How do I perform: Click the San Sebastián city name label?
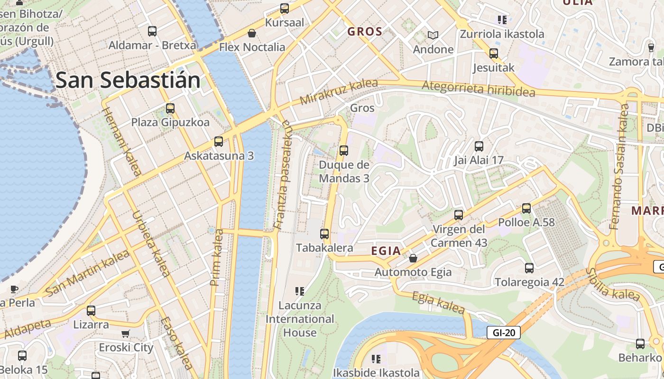[128, 80]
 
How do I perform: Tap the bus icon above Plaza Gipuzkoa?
[170, 108]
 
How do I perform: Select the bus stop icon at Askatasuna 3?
[219, 142]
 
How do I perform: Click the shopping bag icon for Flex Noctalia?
[252, 33]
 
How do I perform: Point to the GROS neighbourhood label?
[365, 32]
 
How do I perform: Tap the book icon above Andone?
[433, 35]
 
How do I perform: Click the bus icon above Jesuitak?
[494, 54]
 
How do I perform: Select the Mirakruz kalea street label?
[339, 92]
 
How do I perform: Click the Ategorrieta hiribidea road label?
[478, 89]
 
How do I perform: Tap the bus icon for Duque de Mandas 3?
[344, 151]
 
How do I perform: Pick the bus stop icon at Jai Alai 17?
[479, 146]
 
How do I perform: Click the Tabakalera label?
[324, 248]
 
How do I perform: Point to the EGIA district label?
[386, 251]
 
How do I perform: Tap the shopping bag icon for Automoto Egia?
[413, 258]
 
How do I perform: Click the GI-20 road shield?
[504, 333]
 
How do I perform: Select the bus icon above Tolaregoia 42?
[529, 268]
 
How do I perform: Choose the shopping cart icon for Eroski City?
[126, 334]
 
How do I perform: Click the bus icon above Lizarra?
[91, 311]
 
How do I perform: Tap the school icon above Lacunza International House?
[299, 291]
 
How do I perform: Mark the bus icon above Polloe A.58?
[526, 208]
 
